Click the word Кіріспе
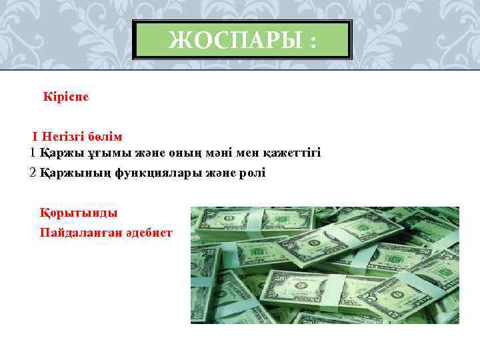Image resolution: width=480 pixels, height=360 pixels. point(66,97)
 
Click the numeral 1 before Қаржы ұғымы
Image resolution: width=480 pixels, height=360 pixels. point(33,153)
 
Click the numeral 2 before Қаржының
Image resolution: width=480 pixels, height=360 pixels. point(33,173)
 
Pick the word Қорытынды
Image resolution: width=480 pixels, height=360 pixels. point(79,213)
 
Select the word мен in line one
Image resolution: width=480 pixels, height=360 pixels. point(246,153)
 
